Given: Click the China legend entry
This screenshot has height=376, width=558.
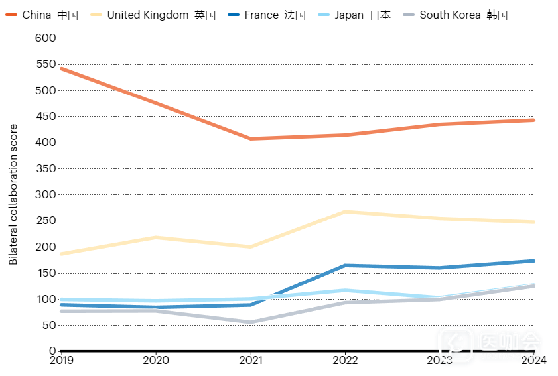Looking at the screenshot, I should click(x=41, y=15).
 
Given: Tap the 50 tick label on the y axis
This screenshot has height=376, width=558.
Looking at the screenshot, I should click(x=49, y=325).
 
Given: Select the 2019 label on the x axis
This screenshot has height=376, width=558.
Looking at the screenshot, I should click(x=61, y=360).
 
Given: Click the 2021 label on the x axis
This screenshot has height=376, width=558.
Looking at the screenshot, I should click(x=251, y=360).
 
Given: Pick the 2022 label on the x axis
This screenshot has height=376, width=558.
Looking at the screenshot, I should click(x=345, y=360).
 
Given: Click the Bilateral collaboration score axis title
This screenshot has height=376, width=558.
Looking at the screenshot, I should click(x=13, y=194).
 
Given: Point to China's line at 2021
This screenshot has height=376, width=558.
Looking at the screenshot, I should click(x=251, y=139).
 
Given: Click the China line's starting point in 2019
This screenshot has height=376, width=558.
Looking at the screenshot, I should click(x=61, y=68).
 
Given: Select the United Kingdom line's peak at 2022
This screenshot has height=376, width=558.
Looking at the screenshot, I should click(x=345, y=212).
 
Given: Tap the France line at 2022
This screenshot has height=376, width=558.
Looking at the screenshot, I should click(x=345, y=266).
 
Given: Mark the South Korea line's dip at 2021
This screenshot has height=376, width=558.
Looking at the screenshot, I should click(x=251, y=322).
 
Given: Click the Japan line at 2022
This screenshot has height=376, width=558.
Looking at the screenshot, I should click(x=345, y=290).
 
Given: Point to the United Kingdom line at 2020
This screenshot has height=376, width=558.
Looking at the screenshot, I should click(x=156, y=237).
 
